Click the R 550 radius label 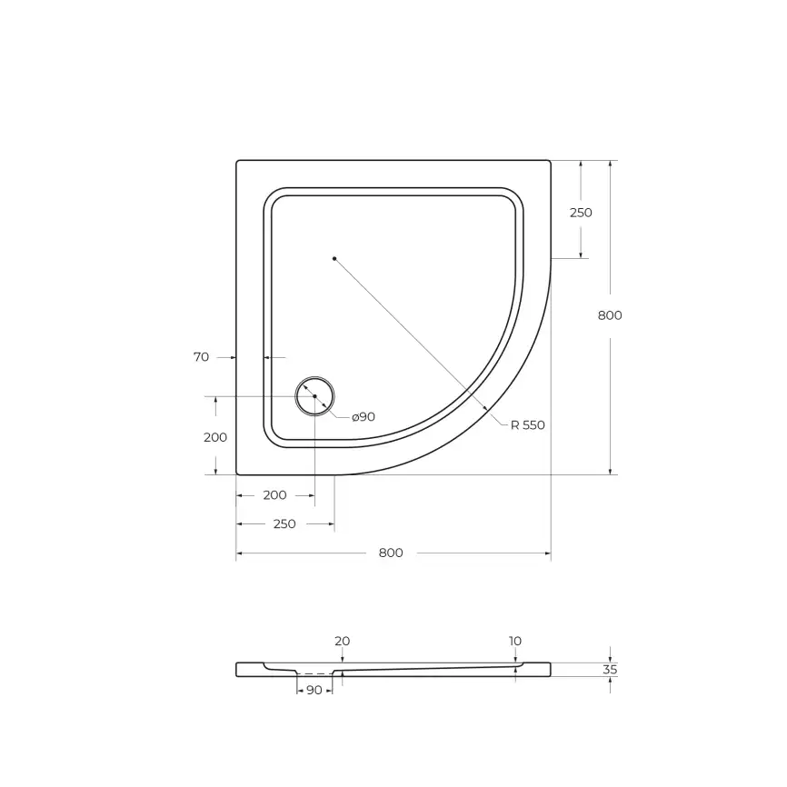coord(528,424)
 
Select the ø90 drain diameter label coord(364,416)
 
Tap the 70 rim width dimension coord(201,357)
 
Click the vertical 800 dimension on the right coord(610,315)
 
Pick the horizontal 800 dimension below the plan coord(391,553)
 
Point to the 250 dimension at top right coord(581,213)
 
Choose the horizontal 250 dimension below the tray coord(284,524)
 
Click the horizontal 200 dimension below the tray coord(274,495)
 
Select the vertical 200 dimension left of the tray coord(215,437)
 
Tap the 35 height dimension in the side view coord(610,670)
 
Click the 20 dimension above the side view coord(342,641)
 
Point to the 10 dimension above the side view coord(515,641)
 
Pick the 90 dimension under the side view coord(314,691)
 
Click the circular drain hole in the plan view coord(314,396)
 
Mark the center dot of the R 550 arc coord(334,259)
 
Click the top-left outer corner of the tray coord(237,162)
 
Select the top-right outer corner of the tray coord(550,162)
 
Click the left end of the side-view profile coord(238,669)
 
